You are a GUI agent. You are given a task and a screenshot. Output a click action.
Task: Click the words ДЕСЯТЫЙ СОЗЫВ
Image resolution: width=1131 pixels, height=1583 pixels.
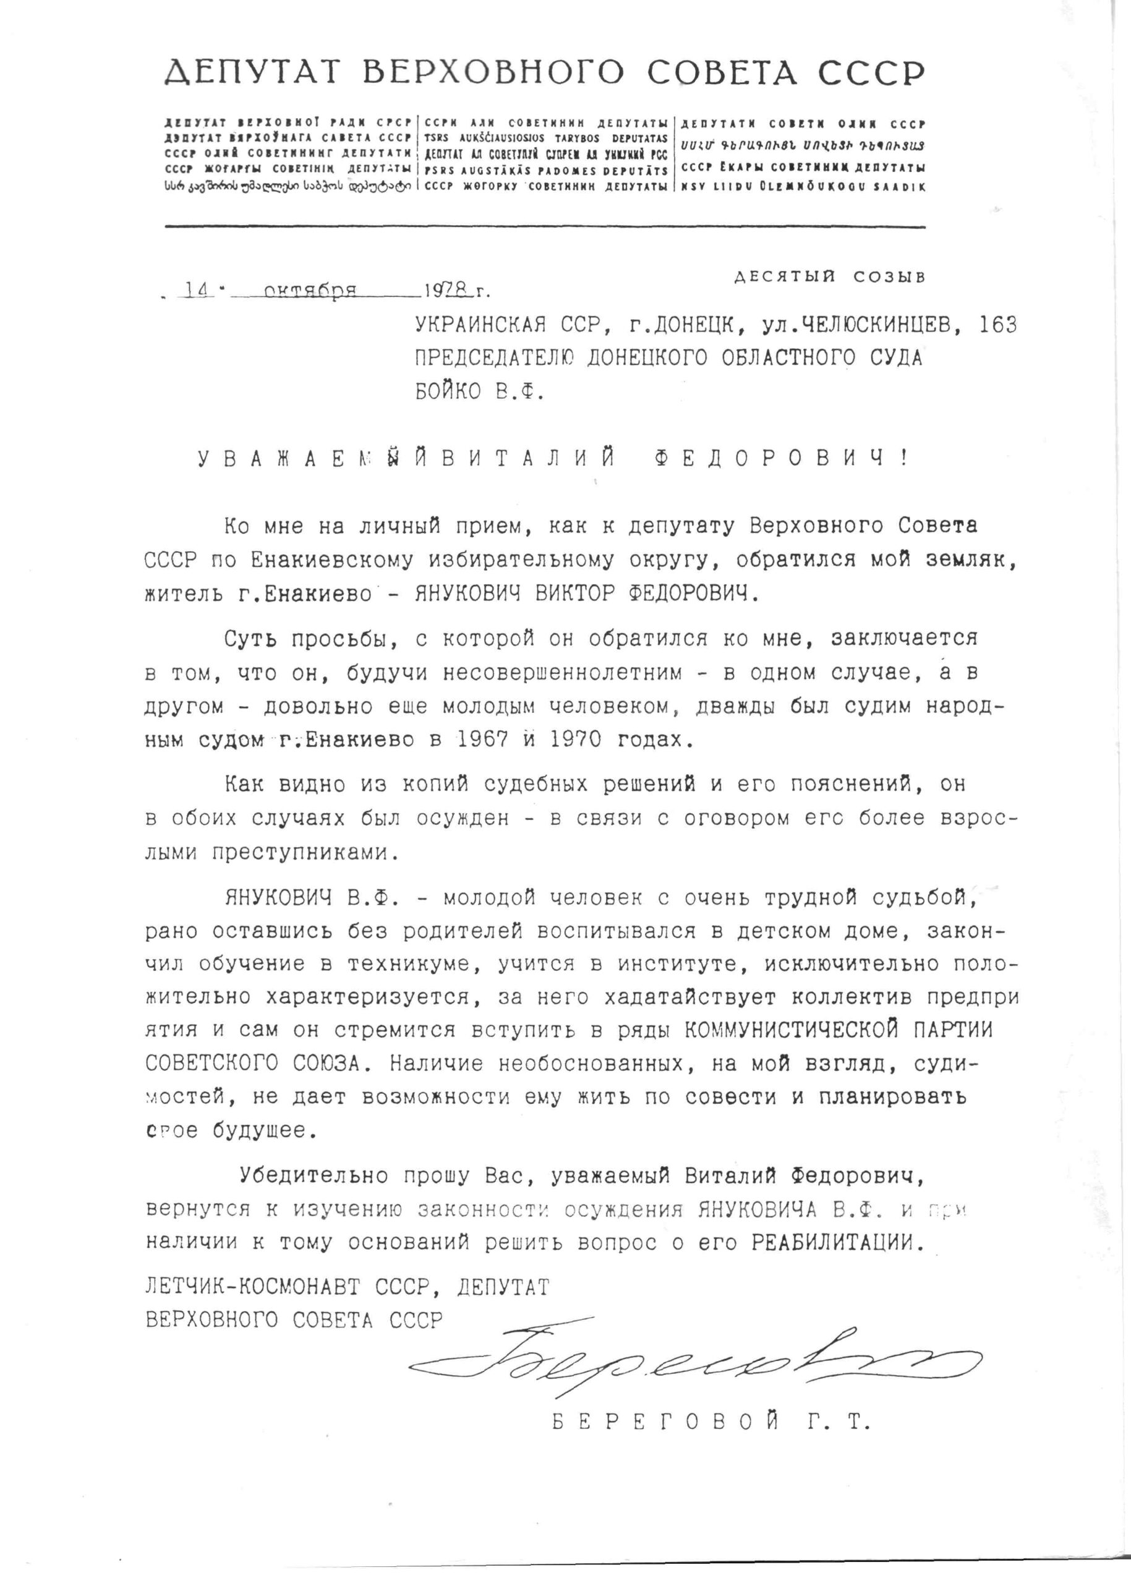(x=829, y=276)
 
